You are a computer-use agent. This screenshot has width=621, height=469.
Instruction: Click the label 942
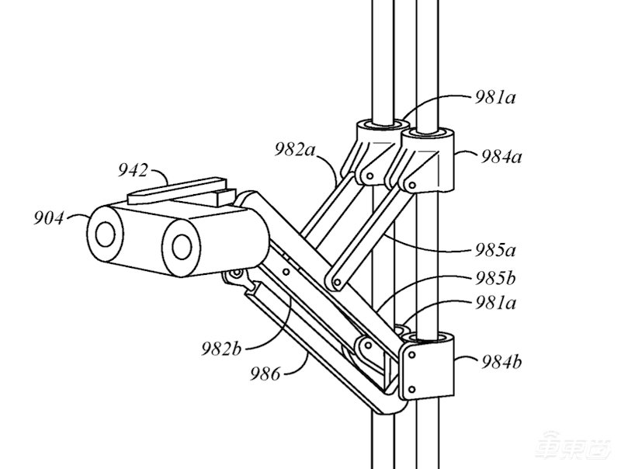pyautogui.click(x=132, y=171)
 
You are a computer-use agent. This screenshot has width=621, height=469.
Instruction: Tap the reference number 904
pyautogui.click(x=48, y=218)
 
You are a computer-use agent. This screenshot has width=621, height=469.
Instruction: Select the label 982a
pyautogui.click(x=295, y=150)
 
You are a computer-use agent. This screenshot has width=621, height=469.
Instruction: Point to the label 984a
pyautogui.click(x=501, y=158)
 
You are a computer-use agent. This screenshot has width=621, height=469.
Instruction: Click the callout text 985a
pyautogui.click(x=495, y=251)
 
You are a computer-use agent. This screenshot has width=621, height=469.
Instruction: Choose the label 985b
pyautogui.click(x=495, y=279)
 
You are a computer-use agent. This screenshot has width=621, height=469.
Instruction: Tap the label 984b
pyautogui.click(x=501, y=362)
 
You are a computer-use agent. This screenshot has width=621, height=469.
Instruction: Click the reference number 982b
pyautogui.click(x=221, y=349)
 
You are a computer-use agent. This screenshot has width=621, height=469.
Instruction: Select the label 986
pyautogui.click(x=265, y=373)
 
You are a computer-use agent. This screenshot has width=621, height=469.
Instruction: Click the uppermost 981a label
pyautogui.click(x=495, y=97)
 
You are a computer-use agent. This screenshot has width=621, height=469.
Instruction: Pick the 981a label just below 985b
pyautogui.click(x=495, y=304)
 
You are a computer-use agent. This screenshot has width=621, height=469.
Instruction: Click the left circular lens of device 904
pyautogui.click(x=106, y=234)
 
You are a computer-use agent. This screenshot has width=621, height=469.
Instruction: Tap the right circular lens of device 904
pyautogui.click(x=182, y=246)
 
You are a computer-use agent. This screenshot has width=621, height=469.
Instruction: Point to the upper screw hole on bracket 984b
pyautogui.click(x=412, y=355)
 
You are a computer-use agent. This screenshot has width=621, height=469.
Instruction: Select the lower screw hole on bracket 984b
pyautogui.click(x=412, y=389)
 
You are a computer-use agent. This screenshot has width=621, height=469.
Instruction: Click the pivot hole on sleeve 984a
pyautogui.click(x=412, y=185)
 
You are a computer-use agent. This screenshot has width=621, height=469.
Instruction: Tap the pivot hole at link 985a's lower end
pyautogui.click(x=337, y=283)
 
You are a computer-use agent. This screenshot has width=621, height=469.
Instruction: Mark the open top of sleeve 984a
pyautogui.click(x=428, y=133)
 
